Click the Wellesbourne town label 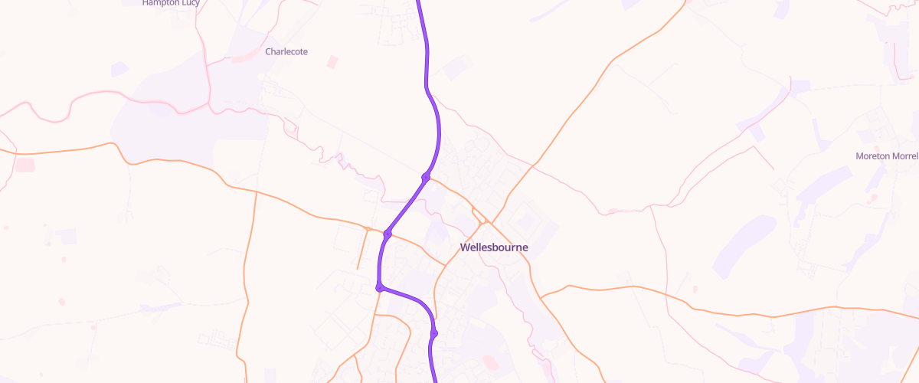click(x=493, y=247)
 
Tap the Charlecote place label click(x=286, y=51)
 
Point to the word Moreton click(x=874, y=156)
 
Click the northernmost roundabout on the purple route click(x=426, y=178)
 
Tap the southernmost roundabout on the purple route click(x=434, y=333)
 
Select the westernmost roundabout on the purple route click(x=379, y=287)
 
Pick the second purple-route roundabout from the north click(x=388, y=234)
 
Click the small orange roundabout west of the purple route click(x=368, y=229)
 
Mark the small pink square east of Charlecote click(x=332, y=61)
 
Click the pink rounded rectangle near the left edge click(x=25, y=165)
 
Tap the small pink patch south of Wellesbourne click(x=491, y=362)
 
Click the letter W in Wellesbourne click(x=464, y=247)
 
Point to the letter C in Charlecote click(x=268, y=51)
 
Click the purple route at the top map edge click(x=419, y=2)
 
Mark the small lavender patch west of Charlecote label click(x=119, y=70)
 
